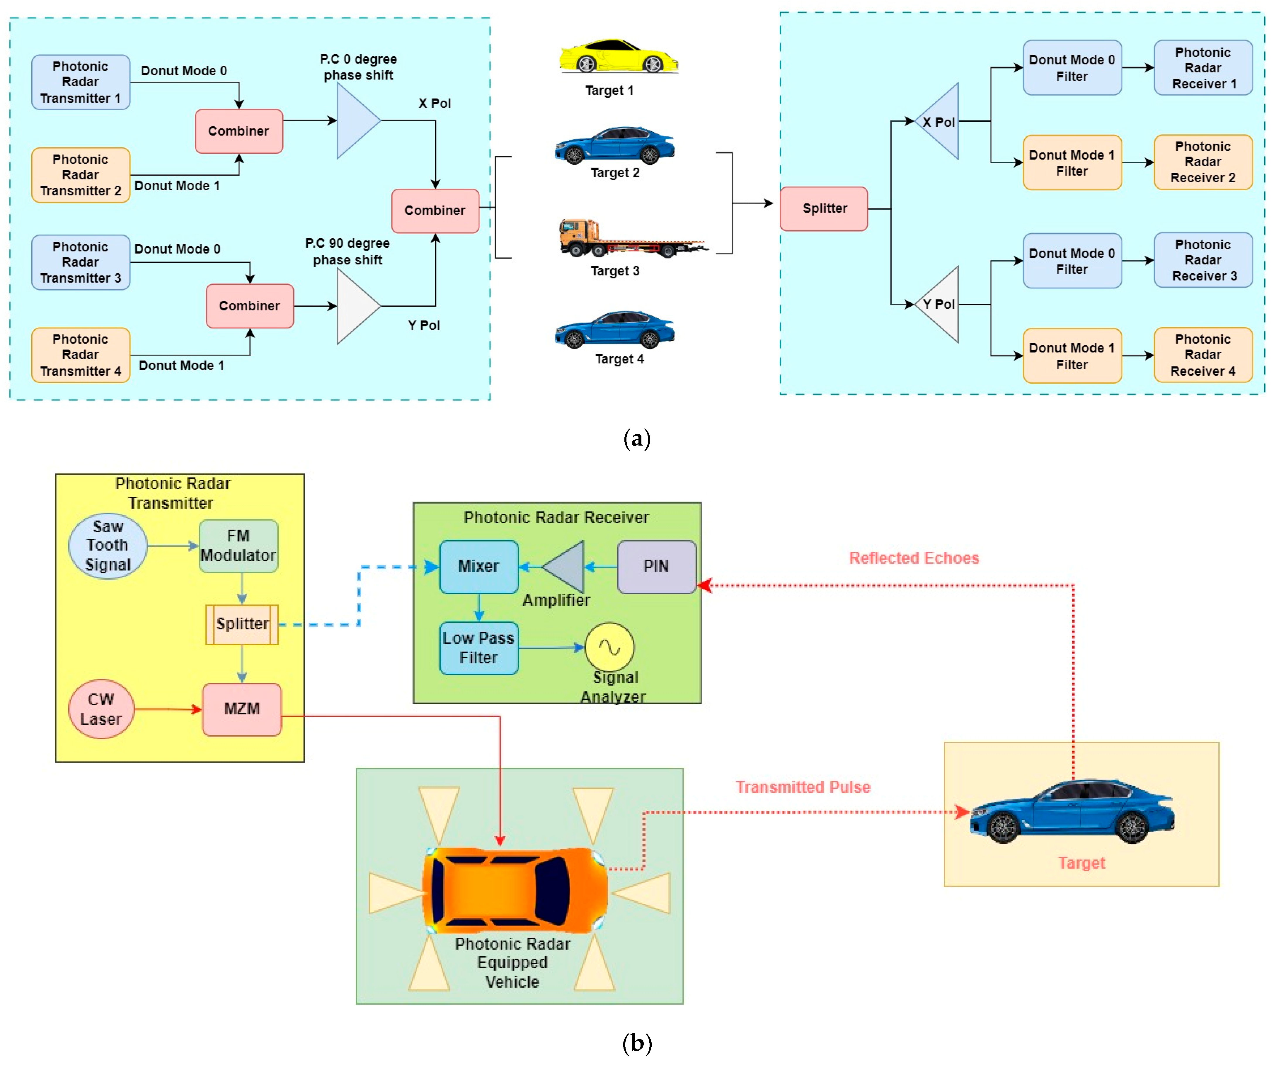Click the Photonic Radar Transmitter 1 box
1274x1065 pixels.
coord(81,82)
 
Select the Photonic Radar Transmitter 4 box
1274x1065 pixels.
coord(81,355)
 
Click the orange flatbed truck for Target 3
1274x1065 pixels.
coord(631,239)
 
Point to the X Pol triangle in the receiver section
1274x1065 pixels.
coord(940,121)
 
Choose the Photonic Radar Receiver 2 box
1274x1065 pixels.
coord(1203,162)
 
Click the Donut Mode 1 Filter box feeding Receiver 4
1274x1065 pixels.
coord(1071,356)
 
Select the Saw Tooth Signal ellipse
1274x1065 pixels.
coord(108,546)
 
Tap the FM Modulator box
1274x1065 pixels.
coord(239,546)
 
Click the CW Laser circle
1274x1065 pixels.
coord(101,709)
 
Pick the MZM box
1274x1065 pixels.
coord(241,709)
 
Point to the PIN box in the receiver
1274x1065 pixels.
coord(656,566)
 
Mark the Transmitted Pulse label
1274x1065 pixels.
coord(803,787)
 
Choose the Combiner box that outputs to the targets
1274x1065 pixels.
coord(435,210)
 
